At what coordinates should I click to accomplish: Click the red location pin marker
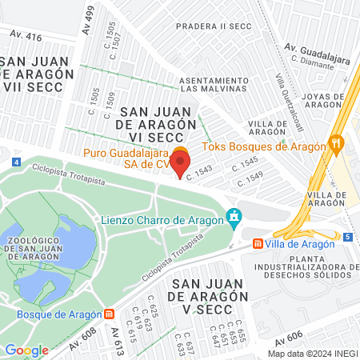pyautogui.click(x=179, y=163)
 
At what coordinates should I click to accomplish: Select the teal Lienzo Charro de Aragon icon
pyautogui.click(x=234, y=216)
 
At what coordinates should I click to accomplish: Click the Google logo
pyautogui.click(x=27, y=350)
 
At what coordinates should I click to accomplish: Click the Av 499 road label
pyautogui.click(x=89, y=15)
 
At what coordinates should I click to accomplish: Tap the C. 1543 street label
pyautogui.click(x=200, y=173)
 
